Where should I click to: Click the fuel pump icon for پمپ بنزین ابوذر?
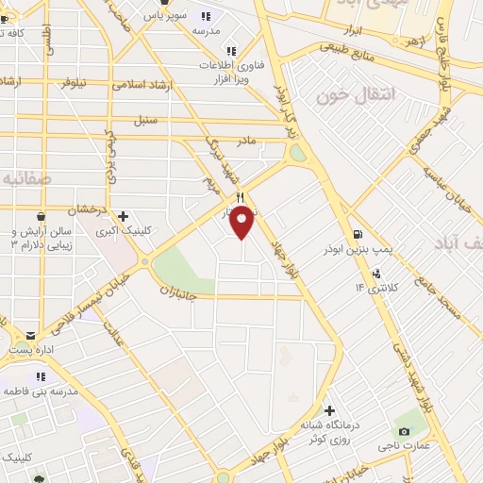coord(357,235)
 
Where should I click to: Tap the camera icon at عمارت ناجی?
coord(404,431)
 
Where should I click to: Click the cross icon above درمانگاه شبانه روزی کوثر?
coord(328,410)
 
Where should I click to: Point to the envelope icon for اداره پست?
coord(31,335)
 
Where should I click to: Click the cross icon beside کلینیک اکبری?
coord(123,216)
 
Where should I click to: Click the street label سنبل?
coord(145,121)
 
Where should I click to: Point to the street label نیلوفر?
coord(68,82)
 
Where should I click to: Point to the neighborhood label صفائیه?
coord(26,177)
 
